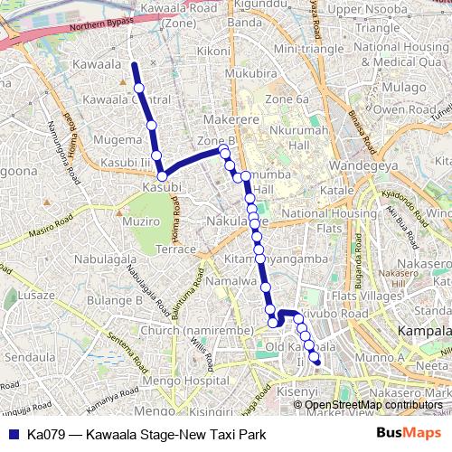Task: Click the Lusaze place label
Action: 37,295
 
